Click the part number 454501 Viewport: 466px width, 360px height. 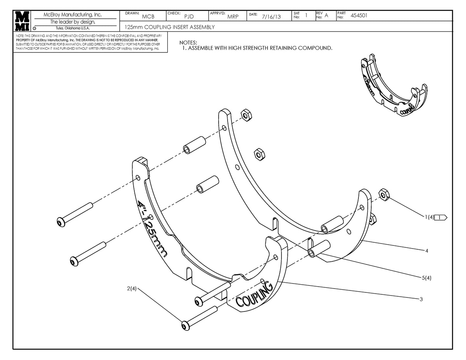pos(359,16)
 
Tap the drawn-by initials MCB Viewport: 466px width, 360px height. pos(148,17)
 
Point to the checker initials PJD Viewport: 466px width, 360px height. pos(189,16)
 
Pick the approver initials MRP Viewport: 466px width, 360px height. pos(233,16)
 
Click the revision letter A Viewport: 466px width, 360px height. pos(326,16)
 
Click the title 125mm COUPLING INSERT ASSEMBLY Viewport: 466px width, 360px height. pos(170,27)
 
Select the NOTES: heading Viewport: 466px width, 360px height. pos(188,42)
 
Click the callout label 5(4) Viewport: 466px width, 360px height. pos(426,278)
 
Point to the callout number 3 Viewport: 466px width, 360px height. pos(421,299)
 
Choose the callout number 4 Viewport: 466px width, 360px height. pos(426,251)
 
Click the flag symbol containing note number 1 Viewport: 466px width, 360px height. pos(441,217)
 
